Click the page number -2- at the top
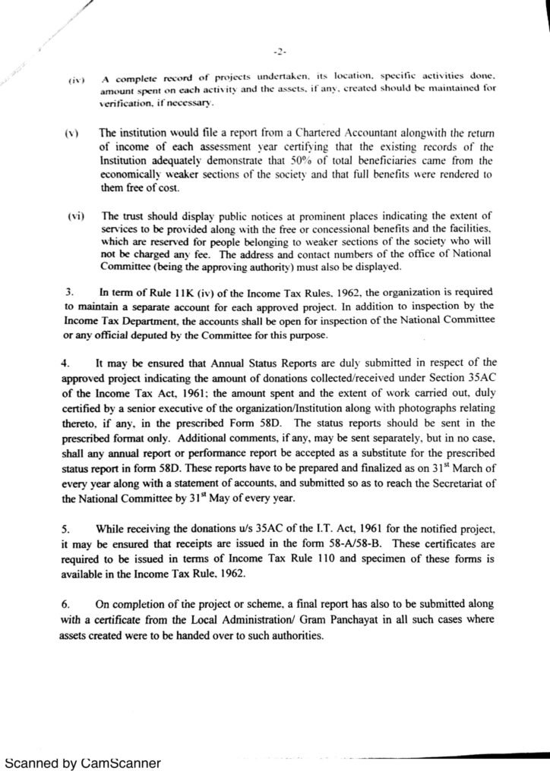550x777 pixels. coord(278,52)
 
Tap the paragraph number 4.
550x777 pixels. coord(66,362)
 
